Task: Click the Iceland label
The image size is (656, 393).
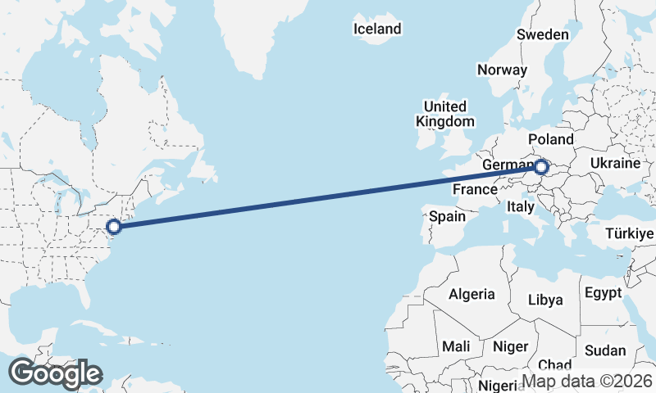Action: [x=377, y=29]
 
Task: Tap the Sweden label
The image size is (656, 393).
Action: [x=542, y=34]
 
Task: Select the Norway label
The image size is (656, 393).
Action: [x=502, y=70]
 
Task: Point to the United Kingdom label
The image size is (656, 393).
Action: [x=445, y=114]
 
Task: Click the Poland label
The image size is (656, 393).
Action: [x=551, y=139]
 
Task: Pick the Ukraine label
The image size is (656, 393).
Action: [x=614, y=163]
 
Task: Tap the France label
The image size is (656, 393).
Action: [x=476, y=189]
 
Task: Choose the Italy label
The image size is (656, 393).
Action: [x=521, y=206]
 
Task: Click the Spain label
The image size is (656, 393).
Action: [x=448, y=217]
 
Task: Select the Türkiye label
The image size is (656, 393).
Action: [x=628, y=234]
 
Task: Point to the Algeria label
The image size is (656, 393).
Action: [x=471, y=294]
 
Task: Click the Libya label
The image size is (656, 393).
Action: [x=545, y=300]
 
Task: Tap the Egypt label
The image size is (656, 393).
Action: [x=604, y=292]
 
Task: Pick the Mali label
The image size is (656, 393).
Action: [x=456, y=346]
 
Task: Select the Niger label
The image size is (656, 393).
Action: [x=511, y=346]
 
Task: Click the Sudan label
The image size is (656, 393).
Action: [x=605, y=350]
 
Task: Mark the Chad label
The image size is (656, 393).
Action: [x=555, y=365]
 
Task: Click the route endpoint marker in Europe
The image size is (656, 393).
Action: [x=541, y=168]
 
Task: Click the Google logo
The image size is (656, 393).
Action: [x=55, y=373]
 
